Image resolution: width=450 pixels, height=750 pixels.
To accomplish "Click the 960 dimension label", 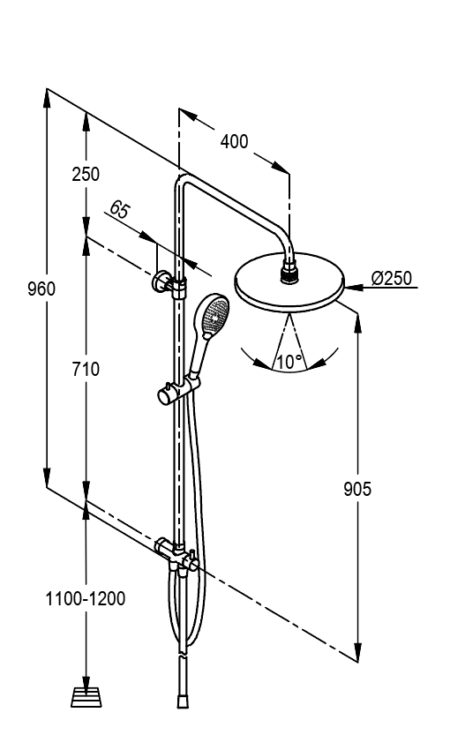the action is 41,289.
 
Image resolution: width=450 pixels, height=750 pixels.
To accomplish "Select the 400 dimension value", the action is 235,141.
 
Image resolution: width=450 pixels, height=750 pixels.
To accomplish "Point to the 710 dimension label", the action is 86,369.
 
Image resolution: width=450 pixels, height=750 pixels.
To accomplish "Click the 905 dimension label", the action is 357,489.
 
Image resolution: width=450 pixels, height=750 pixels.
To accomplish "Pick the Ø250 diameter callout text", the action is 391,278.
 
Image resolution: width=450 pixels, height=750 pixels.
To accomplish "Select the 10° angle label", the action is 289,362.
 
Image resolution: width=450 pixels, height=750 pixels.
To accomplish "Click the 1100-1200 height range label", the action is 85,598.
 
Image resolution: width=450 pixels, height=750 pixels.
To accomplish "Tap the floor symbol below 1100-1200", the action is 86,697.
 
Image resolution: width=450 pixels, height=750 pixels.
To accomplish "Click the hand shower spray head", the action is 214,315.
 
